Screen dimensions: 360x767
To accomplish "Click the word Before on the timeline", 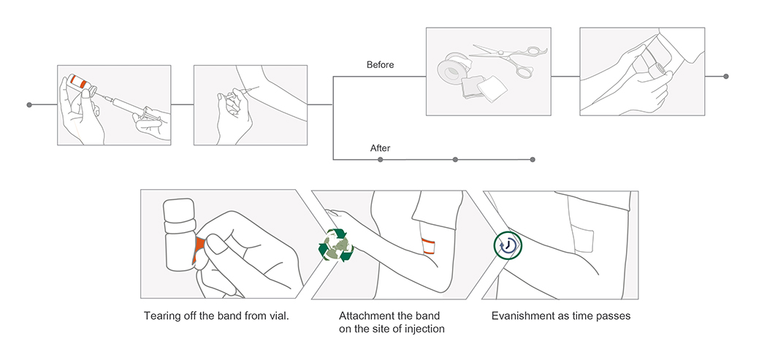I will click(x=380, y=65).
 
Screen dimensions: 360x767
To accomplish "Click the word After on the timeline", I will click(x=380, y=148).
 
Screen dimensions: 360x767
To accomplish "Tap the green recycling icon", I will click(x=335, y=245).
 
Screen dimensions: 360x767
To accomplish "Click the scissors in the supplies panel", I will click(x=511, y=58).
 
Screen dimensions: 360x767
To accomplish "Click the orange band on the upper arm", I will click(x=430, y=244).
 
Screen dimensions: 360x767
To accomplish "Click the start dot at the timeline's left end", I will click(x=29, y=105).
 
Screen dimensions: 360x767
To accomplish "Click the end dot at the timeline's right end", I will click(x=725, y=76).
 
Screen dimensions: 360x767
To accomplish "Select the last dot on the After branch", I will click(x=533, y=159).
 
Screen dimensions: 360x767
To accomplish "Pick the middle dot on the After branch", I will click(x=455, y=159).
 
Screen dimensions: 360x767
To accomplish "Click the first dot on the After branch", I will click(x=381, y=159).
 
